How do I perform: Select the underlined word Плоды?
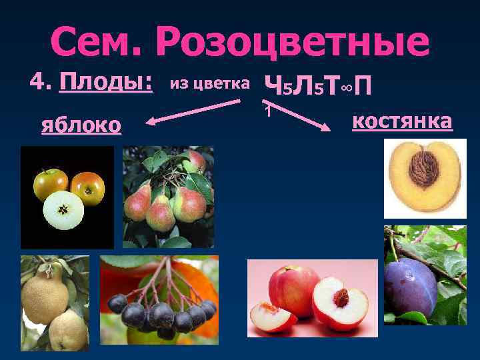(x=107, y=84)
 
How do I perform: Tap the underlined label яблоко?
(x=81, y=125)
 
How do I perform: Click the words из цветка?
(x=210, y=83)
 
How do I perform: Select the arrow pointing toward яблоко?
(x=193, y=111)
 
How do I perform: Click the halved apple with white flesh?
(x=63, y=211)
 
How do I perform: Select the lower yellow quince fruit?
(x=68, y=331)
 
